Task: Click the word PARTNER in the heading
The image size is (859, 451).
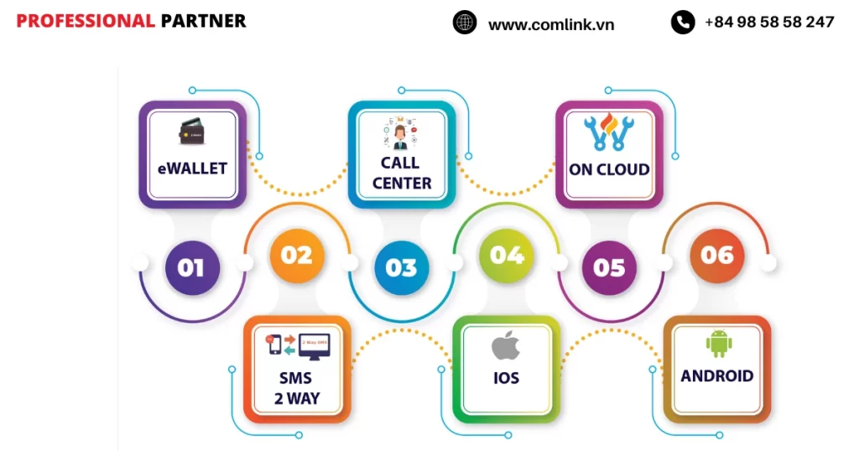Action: pos(203,21)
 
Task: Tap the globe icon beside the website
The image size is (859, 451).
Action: pos(465,23)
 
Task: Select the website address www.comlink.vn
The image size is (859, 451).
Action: pos(551,24)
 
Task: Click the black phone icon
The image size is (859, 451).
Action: pos(683,23)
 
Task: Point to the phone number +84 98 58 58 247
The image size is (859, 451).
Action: pos(769,23)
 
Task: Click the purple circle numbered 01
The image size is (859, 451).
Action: pos(191,267)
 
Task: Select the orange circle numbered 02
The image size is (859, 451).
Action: pos(296,255)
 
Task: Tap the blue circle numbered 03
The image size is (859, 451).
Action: pos(401,267)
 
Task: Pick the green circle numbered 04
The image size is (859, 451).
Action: pos(507,255)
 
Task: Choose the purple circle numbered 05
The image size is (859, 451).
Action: pos(609,267)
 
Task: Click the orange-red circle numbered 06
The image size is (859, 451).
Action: pos(716,255)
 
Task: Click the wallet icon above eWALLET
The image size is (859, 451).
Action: pos(192,132)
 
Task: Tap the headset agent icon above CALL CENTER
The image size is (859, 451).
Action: pos(401,134)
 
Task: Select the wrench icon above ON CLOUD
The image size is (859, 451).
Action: pos(609,133)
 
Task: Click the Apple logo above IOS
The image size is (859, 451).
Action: pos(506,345)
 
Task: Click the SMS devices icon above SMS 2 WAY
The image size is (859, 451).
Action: pos(297,345)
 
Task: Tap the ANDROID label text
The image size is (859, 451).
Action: pos(717,376)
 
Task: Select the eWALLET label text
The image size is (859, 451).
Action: pos(192,168)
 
